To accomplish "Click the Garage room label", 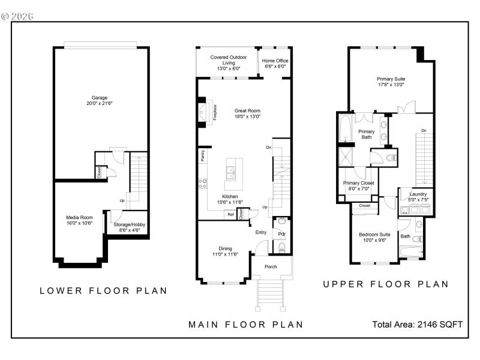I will pos(100,100).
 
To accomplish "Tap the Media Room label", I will pos(79,220).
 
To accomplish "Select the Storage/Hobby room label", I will pos(130,227).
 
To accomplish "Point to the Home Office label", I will pos(275,63).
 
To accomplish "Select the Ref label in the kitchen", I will pos(230,214).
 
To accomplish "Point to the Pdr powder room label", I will pos(281,233).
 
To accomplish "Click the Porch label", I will pos(271,266).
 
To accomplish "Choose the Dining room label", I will pos(225,251).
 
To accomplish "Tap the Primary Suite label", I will pos(391,82).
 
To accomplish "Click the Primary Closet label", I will pos(358,185).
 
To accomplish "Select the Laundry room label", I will pos(418,196).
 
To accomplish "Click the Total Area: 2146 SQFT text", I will pos(418,325).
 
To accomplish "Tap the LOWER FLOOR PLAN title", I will pos(103,291).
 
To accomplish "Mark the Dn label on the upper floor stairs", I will pos(424,130).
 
